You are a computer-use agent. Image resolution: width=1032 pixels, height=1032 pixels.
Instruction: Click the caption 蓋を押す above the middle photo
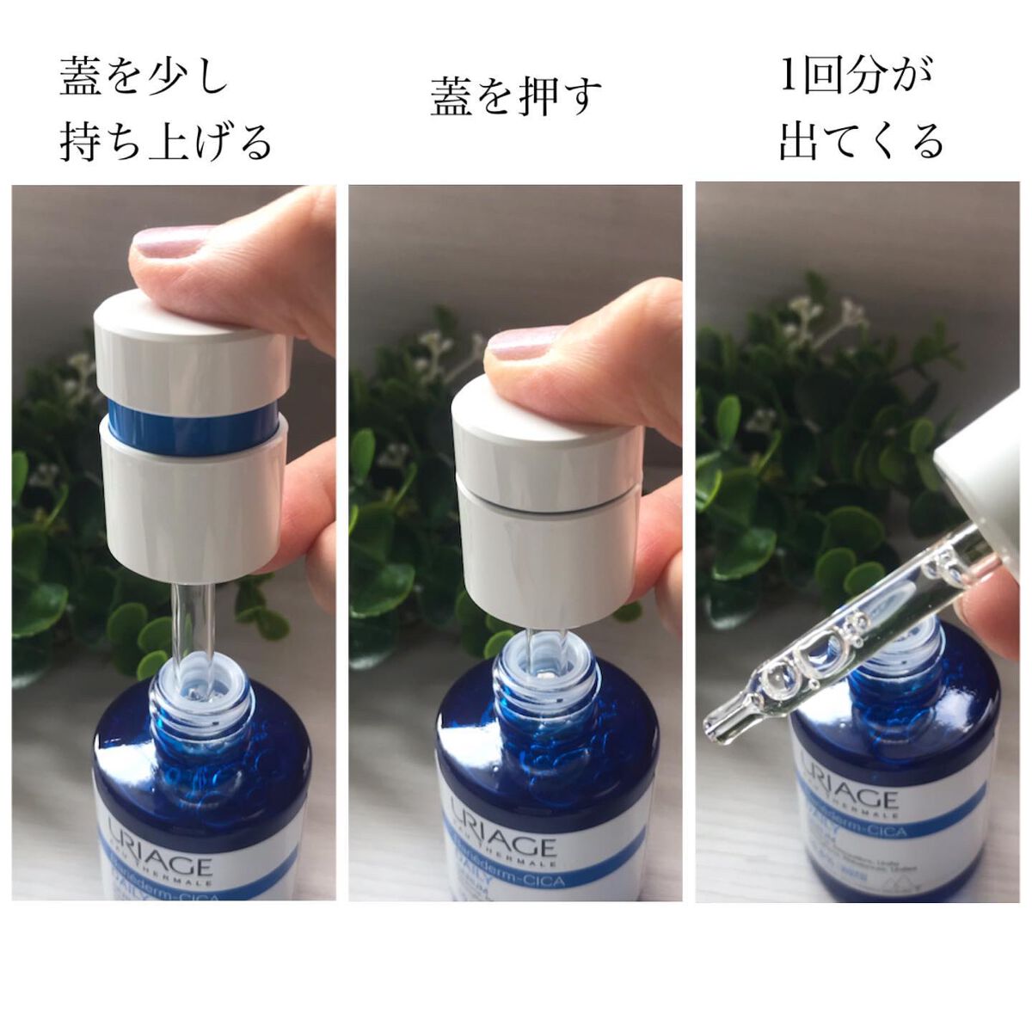(x=516, y=95)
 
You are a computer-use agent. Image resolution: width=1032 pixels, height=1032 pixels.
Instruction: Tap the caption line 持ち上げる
(x=165, y=142)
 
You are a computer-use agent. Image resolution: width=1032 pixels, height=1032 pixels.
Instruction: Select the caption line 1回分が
(x=855, y=77)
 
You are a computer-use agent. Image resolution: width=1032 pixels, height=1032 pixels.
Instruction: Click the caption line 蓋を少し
(x=144, y=77)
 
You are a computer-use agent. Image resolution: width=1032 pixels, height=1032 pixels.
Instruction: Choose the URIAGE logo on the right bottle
(x=848, y=787)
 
